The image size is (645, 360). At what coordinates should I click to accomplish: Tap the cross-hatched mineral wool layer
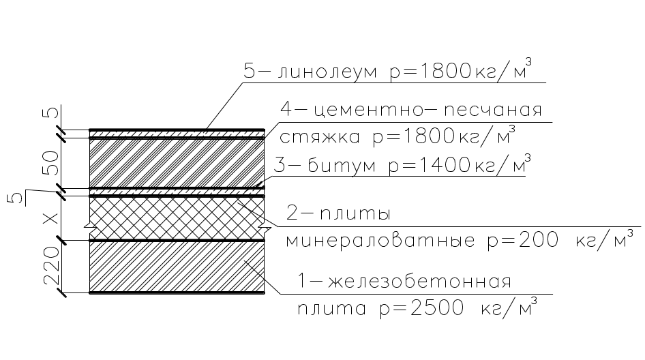click(x=177, y=218)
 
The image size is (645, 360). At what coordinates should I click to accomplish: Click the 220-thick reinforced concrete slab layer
click(x=177, y=267)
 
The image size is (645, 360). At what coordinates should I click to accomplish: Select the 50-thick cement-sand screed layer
click(x=177, y=163)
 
